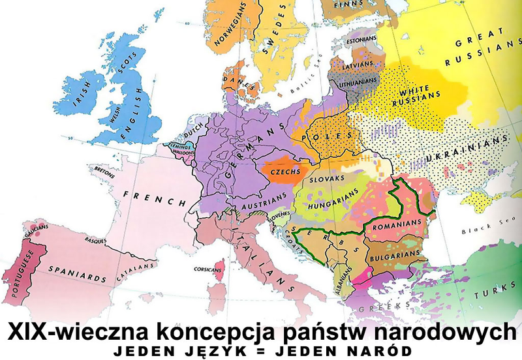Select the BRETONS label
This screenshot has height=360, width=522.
104,168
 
